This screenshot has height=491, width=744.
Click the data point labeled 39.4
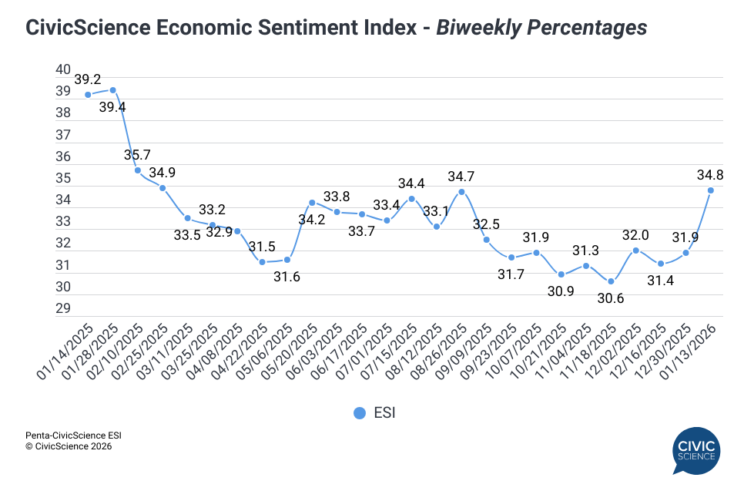click(x=112, y=90)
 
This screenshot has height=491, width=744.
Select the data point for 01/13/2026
click(x=710, y=190)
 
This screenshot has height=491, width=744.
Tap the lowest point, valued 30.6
click(x=611, y=281)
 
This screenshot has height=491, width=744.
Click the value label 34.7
click(x=461, y=177)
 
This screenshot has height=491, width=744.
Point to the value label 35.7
click(x=138, y=155)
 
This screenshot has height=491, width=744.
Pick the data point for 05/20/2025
click(x=312, y=203)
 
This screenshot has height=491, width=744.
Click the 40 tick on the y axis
click(x=63, y=69)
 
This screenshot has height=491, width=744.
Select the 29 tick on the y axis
click(x=63, y=309)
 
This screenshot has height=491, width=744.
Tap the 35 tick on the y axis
click(x=63, y=178)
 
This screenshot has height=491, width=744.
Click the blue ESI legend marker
click(x=359, y=413)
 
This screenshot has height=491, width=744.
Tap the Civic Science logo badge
click(x=695, y=451)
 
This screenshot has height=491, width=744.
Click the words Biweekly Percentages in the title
click(x=541, y=28)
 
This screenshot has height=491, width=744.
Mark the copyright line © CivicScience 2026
click(x=69, y=446)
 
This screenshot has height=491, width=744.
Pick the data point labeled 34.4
click(x=411, y=198)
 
